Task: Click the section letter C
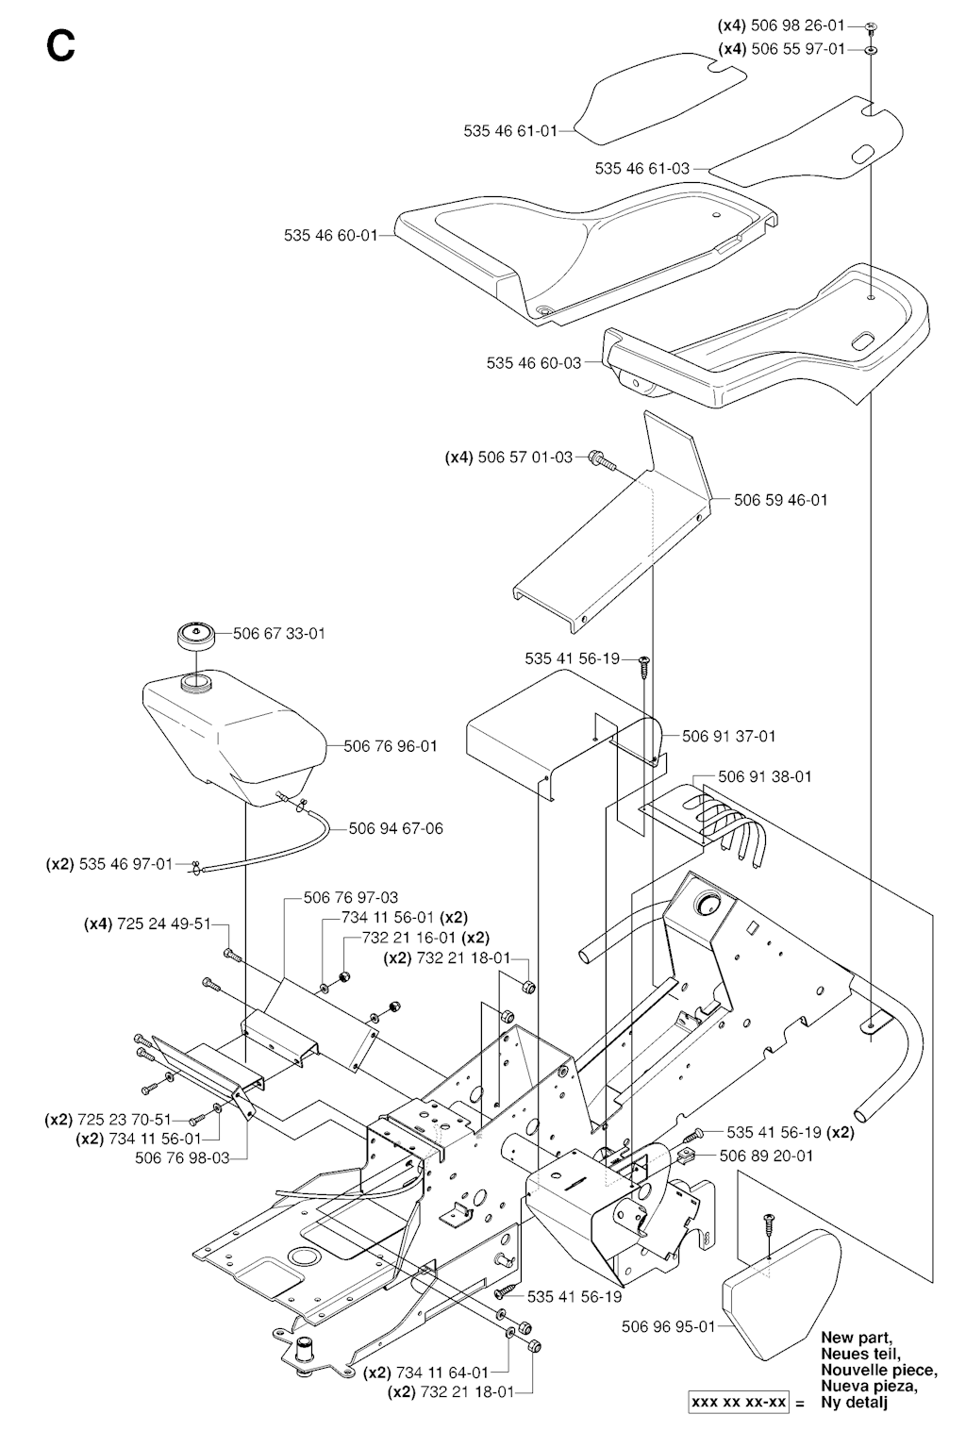60,45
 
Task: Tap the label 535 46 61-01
510,131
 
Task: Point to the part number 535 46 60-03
534,362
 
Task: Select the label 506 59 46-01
780,499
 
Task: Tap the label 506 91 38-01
764,776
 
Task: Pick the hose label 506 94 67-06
395,828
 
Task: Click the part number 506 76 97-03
351,897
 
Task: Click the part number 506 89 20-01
766,1156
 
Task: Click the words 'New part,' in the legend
856,1337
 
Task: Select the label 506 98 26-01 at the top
798,26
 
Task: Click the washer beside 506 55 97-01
870,48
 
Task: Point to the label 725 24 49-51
163,923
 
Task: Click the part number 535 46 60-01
330,235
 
